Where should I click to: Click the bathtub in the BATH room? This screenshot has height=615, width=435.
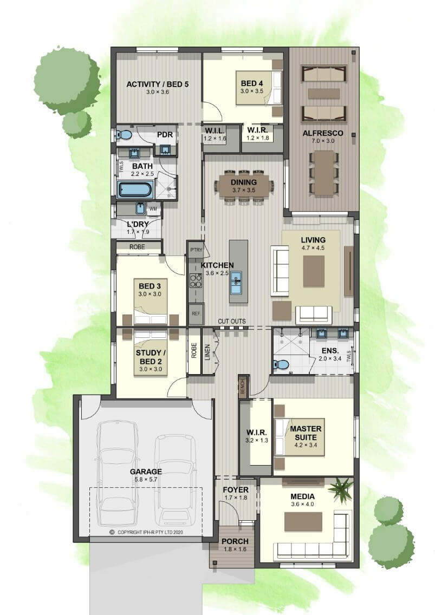(135, 190)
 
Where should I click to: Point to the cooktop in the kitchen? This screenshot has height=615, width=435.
(196, 280)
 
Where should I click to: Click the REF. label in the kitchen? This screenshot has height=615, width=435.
(196, 314)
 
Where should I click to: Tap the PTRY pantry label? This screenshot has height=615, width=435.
(196, 250)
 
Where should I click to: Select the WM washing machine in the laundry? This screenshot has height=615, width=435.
(153, 209)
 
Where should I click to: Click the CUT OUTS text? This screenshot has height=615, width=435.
(232, 321)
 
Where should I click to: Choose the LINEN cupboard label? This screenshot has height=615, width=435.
(207, 352)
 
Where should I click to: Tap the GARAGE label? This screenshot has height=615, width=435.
(146, 472)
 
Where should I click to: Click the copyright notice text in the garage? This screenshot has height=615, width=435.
(146, 532)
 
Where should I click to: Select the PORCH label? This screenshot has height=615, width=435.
(235, 541)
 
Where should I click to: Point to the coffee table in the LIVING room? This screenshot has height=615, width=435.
(314, 271)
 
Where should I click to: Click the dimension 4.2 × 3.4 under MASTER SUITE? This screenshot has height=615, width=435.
(306, 445)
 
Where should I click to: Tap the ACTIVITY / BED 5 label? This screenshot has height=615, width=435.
(158, 84)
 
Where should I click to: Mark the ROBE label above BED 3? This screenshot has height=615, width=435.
(137, 247)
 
